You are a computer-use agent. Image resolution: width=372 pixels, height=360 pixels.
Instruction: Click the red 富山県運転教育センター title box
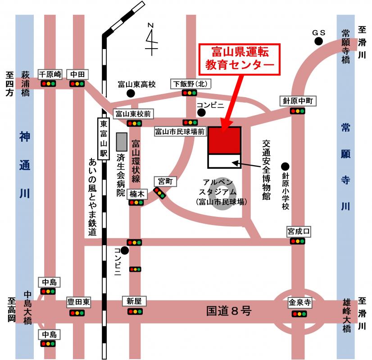point(240,59)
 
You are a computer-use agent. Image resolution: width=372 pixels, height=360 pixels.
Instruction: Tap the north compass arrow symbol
point(151,39)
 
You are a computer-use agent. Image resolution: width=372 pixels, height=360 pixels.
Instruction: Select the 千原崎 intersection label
point(50,74)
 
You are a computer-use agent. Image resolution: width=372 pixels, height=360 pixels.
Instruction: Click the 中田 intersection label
point(77,74)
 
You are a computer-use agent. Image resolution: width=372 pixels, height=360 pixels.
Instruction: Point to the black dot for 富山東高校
point(131,94)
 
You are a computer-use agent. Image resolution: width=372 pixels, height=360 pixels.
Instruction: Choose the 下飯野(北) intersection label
point(191,84)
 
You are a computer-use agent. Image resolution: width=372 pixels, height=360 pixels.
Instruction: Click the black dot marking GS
point(318,41)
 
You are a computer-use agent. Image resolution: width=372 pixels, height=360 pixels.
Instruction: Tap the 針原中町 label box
point(298,101)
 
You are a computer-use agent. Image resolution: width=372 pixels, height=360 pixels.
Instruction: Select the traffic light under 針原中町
point(298,111)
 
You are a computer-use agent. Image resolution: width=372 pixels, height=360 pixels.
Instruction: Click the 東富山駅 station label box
point(104,139)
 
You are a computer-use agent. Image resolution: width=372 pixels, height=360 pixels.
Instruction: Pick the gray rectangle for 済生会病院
point(122,142)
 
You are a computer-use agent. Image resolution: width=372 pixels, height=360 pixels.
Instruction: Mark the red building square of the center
point(224,140)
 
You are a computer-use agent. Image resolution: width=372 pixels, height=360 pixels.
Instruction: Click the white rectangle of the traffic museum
point(224,161)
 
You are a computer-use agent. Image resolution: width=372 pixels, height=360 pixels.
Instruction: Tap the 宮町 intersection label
point(165,181)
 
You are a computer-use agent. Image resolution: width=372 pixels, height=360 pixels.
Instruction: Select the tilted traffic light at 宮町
point(160,193)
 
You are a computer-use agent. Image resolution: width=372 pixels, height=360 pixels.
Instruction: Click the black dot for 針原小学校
point(285,166)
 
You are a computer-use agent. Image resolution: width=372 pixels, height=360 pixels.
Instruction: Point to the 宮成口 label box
point(299,231)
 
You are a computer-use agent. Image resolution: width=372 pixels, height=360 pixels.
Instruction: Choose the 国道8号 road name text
point(229,310)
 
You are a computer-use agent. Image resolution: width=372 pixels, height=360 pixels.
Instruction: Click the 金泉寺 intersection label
point(299,302)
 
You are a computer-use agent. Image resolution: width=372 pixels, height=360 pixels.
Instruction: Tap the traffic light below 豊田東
point(77,313)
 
